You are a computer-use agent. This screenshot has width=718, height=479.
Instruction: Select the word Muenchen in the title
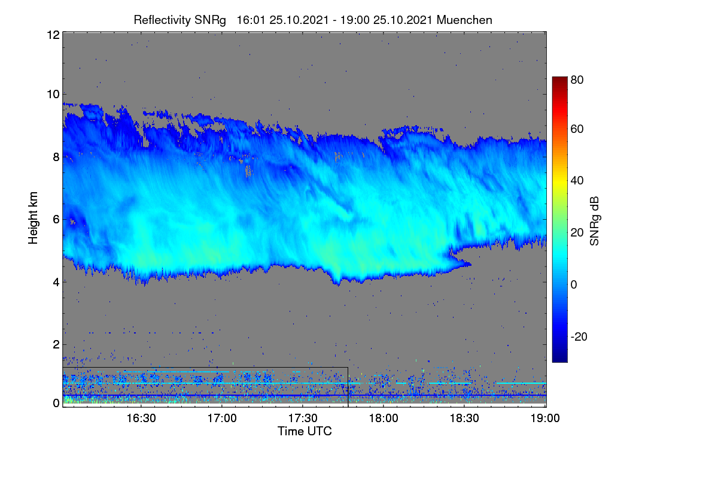point(464,20)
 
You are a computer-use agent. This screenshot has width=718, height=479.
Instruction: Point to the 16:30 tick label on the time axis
point(141,419)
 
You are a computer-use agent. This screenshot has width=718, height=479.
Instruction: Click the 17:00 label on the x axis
point(222,419)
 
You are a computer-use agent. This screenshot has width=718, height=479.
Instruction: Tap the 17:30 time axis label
point(303,419)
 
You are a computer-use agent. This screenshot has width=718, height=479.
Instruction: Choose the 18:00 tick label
point(384,419)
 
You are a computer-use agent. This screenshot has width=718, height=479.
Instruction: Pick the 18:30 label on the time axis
point(464,419)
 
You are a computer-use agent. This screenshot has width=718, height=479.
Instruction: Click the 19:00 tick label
point(545,419)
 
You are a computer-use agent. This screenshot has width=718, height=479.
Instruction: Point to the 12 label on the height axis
point(53,35)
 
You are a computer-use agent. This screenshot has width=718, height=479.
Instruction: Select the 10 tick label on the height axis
point(53,95)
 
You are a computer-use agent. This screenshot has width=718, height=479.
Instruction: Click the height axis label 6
point(56,220)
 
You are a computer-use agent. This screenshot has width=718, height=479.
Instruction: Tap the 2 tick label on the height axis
point(56,344)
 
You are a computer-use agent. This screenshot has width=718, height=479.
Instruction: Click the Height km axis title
point(33,218)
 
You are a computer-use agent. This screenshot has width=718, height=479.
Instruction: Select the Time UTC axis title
point(305,432)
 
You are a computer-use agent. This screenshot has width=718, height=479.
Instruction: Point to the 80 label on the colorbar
point(577,80)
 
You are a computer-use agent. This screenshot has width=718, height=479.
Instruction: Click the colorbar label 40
point(577,181)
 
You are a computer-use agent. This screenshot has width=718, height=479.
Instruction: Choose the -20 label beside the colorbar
point(579,337)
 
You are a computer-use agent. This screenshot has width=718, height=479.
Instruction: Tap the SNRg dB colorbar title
point(594,222)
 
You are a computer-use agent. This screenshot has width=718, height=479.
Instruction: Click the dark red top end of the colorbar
point(559,78)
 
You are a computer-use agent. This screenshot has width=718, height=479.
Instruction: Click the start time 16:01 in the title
point(251,20)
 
